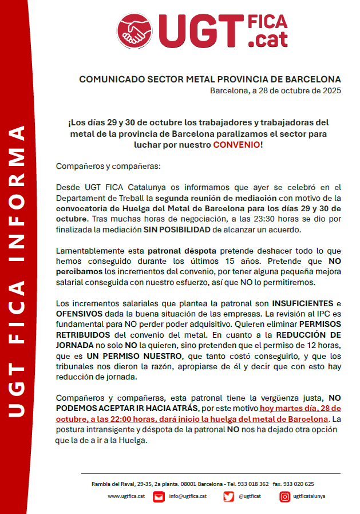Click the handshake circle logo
coord(136,31)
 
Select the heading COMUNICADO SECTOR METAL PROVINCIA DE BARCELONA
coord(209,79)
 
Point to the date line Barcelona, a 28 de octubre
coord(275,90)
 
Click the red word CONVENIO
coord(236,145)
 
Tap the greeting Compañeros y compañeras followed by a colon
coord(109,166)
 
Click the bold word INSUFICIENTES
coord(302,303)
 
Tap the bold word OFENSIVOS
coord(80,314)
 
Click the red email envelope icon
coord(159,497)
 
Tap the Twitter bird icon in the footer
coord(228,497)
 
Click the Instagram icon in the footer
coord(284,497)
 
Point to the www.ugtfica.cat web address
coord(125,496)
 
